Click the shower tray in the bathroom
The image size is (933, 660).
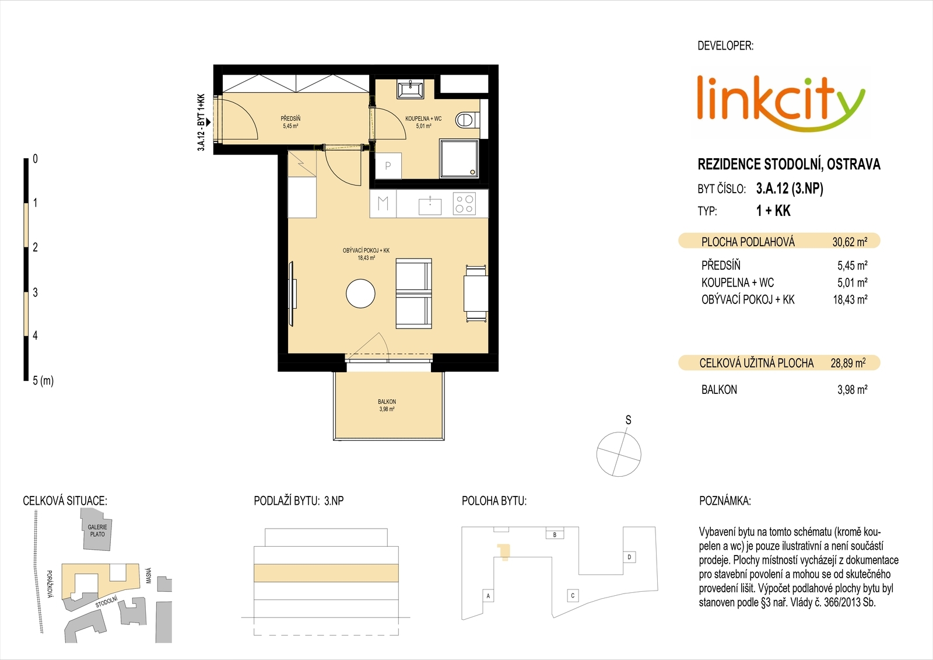pyautogui.click(x=459, y=158)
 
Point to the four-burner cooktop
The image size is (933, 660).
pyautogui.click(x=464, y=204)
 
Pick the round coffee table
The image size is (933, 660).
pyautogui.click(x=360, y=294)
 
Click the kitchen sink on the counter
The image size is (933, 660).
pyautogui.click(x=430, y=205)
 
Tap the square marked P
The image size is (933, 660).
pyautogui.click(x=388, y=166)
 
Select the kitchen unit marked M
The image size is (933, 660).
pyautogui.click(x=383, y=204)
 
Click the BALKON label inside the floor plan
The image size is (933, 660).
pyautogui.click(x=387, y=401)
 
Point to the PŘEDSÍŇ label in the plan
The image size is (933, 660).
pyautogui.click(x=290, y=119)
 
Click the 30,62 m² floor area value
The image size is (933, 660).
pyautogui.click(x=850, y=242)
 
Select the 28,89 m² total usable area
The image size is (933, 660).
pyautogui.click(x=848, y=363)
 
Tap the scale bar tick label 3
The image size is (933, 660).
pyautogui.click(x=35, y=292)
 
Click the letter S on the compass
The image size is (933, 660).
pyautogui.click(x=628, y=420)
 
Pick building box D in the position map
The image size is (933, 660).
pyautogui.click(x=629, y=557)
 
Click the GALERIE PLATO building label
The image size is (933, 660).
pyautogui.click(x=97, y=530)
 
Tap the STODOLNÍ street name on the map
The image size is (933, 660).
pyautogui.click(x=106, y=602)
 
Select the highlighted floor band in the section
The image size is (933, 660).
pyautogui.click(x=326, y=573)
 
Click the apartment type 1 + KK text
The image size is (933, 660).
pyautogui.click(x=773, y=211)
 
